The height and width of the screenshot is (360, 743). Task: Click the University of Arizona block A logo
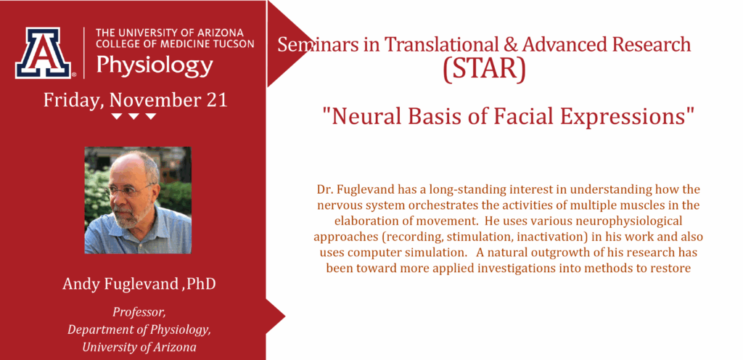(43, 52)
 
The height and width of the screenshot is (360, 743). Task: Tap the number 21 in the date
(217, 100)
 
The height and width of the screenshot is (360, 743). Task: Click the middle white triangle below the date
(134, 117)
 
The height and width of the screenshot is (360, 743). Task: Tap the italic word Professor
(139, 313)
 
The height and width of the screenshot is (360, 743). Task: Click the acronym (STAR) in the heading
(484, 69)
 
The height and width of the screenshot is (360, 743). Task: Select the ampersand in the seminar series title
(513, 44)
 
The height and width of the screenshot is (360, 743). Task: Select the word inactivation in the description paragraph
(530, 237)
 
